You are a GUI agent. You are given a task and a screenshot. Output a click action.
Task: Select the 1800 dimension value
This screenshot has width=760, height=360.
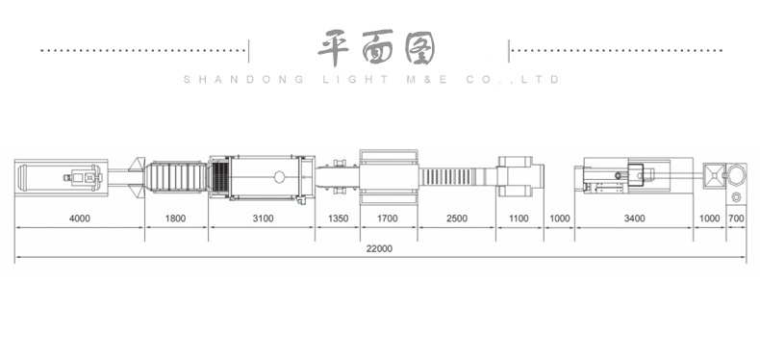175,219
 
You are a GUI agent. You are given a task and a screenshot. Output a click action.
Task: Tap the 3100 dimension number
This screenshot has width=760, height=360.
263,219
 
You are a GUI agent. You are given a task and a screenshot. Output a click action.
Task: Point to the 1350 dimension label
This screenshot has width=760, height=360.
338,219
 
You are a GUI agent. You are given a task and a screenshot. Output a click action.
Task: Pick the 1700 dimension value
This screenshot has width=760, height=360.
387,219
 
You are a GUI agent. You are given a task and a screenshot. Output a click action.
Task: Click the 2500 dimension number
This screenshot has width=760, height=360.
457,219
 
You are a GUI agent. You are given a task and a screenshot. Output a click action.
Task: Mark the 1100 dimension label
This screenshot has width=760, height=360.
519,219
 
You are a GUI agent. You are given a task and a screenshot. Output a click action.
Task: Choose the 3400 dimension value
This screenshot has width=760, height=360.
634,219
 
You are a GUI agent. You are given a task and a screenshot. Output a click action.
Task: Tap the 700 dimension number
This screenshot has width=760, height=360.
737,219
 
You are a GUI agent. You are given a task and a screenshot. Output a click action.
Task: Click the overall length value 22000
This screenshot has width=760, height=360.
380,248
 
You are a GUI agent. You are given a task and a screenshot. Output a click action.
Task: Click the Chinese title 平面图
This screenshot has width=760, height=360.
377,47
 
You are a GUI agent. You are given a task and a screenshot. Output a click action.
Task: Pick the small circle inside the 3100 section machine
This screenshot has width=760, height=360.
279,177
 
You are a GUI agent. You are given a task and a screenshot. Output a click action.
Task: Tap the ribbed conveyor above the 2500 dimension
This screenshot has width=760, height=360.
457,178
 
